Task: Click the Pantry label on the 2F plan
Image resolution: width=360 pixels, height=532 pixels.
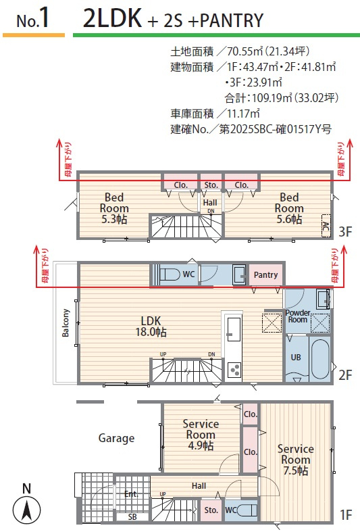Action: [x=265, y=275]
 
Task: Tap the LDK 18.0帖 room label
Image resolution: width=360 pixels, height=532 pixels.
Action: [x=151, y=326]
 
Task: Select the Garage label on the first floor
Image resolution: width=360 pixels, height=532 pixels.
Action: [x=116, y=438]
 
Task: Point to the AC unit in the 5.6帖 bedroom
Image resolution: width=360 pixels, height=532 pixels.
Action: [x=326, y=225]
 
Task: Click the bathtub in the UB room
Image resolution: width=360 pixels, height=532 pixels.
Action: [x=320, y=358]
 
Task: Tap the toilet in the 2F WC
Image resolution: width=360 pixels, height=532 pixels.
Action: [x=170, y=274]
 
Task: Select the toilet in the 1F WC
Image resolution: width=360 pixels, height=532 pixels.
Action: [x=247, y=510]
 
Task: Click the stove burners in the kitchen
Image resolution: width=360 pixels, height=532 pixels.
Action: [x=234, y=370]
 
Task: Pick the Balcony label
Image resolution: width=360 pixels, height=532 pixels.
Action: [x=66, y=322]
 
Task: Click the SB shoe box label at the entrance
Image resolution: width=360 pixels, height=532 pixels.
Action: [x=132, y=517]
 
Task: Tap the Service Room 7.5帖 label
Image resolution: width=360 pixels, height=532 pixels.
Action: [x=296, y=460]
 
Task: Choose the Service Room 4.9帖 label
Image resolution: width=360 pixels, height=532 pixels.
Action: [x=201, y=435]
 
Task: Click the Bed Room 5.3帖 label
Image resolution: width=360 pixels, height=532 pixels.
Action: [x=114, y=208]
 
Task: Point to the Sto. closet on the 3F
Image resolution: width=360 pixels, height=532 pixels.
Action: [x=211, y=185]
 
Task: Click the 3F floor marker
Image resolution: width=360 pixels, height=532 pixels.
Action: [x=345, y=232]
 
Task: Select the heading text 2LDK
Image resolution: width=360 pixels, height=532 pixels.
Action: [x=113, y=18]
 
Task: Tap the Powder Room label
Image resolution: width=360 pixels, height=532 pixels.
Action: [x=298, y=316]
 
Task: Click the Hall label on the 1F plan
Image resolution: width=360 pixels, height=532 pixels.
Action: [x=199, y=486]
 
